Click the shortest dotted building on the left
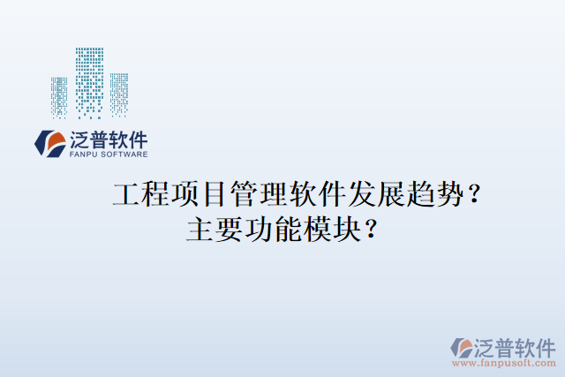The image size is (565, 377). click(59, 96)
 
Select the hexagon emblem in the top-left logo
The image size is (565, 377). click(47, 142)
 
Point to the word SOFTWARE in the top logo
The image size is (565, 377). click(124, 154)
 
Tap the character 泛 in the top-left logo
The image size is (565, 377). click(76, 139)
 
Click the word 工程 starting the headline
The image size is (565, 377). click(139, 194)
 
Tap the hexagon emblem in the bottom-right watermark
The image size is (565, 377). click(460, 347)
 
